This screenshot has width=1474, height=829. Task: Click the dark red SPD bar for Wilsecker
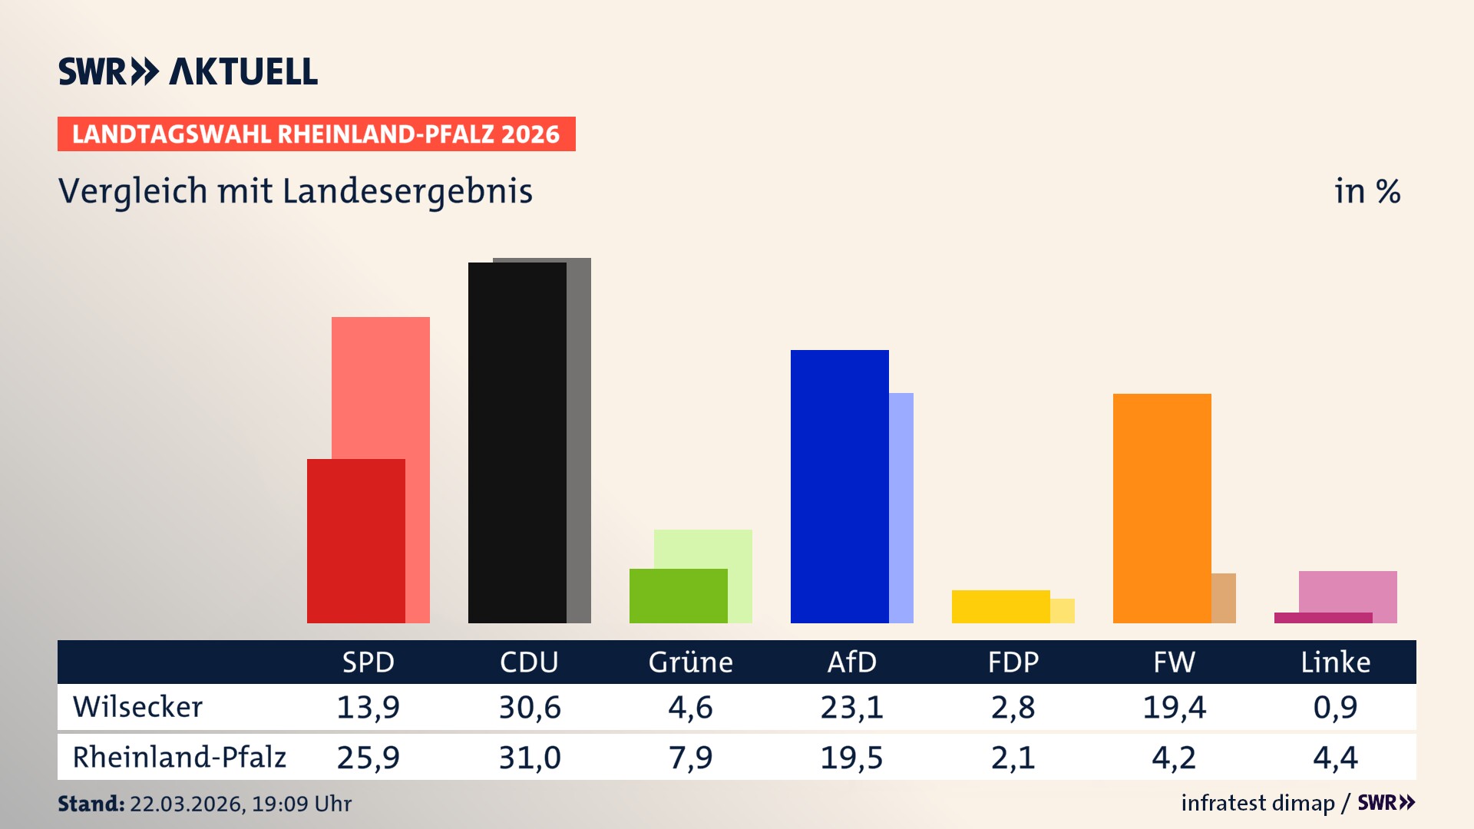pos(355,540)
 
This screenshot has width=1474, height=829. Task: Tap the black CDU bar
pos(517,442)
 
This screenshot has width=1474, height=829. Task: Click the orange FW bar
pos(1162,507)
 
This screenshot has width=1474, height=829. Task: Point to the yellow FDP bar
pos(1000,606)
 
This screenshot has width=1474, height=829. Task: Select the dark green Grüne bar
pos(678,595)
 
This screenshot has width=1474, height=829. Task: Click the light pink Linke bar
pos(1347,591)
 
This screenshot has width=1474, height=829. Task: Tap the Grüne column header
pos(690,662)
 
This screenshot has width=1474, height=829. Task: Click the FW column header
pos(1174,662)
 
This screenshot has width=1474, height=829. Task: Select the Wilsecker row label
pos(137,707)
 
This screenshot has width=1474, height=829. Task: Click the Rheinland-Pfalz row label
pos(179,757)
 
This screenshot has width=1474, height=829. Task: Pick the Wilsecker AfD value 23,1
pos(851,707)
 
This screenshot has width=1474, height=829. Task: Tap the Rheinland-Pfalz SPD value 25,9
pos(368,758)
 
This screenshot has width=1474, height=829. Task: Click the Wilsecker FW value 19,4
pos(1174,707)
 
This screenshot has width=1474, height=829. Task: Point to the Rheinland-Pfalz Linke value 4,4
pos(1335,758)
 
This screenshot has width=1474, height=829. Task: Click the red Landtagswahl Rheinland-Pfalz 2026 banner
pos(316,134)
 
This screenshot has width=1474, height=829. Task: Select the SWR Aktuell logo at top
pos(188,71)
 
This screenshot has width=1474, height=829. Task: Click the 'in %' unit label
pos(1367,191)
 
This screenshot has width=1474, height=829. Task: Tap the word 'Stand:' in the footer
pos(91,804)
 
